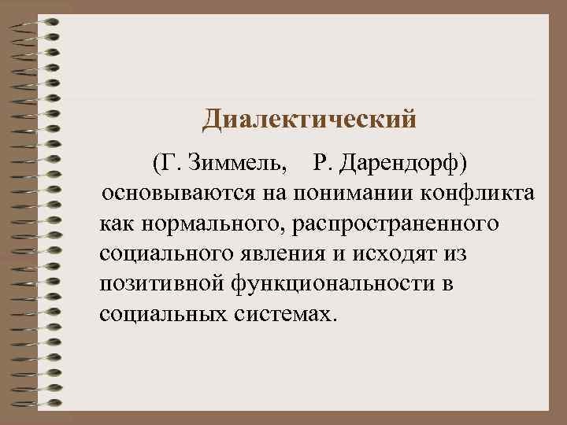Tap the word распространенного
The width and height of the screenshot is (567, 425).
point(394,224)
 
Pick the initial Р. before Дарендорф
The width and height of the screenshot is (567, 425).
point(324,162)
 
